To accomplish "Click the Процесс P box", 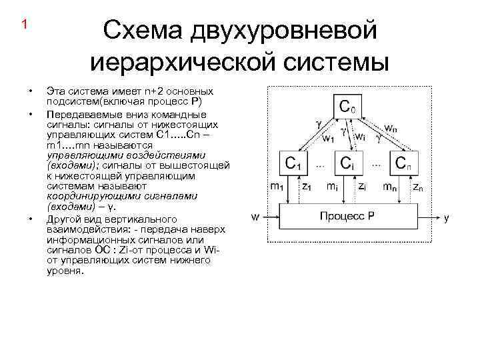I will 347,217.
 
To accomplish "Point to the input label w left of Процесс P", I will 255,217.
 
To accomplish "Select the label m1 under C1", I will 276,187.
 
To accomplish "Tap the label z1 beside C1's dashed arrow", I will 307,187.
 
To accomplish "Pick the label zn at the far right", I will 417,188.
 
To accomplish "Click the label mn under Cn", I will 390,187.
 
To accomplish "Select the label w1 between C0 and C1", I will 328,139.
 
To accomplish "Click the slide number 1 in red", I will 24,25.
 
